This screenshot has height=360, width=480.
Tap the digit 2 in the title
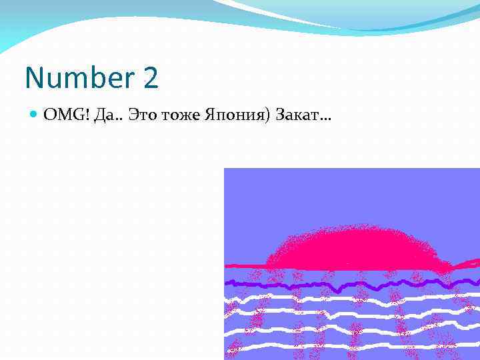tap(151, 79)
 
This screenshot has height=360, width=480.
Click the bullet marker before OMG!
tap(35, 116)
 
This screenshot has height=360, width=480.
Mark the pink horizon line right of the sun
tap(467, 263)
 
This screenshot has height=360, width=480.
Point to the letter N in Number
tap(33, 79)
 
